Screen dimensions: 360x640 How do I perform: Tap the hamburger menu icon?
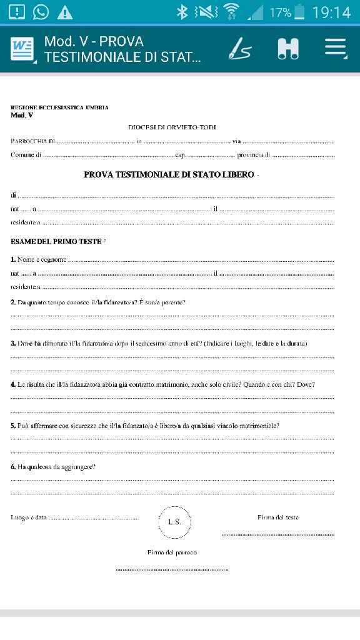tap(335, 49)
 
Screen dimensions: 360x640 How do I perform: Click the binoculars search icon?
tap(288, 49)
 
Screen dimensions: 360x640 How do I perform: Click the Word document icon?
tap(22, 49)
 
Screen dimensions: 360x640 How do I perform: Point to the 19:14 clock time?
tap(331, 12)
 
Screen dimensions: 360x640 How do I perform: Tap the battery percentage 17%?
tap(280, 12)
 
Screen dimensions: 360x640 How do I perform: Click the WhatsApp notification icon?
tap(41, 12)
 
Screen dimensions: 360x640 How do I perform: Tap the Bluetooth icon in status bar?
tap(182, 12)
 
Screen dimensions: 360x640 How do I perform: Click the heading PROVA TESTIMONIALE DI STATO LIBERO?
tap(169, 174)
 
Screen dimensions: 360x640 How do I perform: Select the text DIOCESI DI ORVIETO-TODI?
tap(172, 127)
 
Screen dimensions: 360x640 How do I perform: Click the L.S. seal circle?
tap(174, 521)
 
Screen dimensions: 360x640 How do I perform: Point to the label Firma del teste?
tap(277, 517)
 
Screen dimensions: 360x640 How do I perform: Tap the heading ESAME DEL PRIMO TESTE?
tap(56, 241)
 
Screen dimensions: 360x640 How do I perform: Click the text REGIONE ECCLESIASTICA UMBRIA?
tap(59, 107)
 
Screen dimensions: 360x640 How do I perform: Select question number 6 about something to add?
tap(53, 466)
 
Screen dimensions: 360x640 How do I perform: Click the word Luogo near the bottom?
tap(19, 517)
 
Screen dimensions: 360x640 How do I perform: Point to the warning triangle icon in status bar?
tap(65, 12)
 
